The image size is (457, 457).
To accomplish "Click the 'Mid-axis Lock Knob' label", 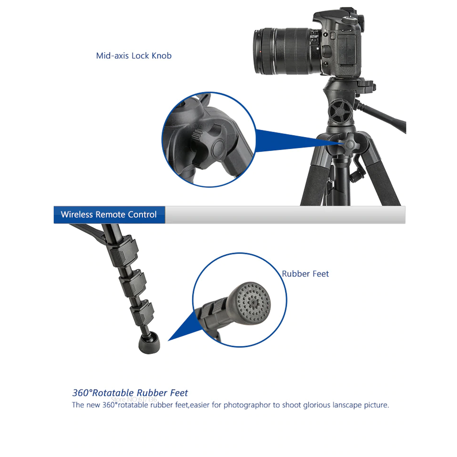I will [134, 56].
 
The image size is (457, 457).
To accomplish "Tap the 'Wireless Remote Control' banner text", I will [108, 215].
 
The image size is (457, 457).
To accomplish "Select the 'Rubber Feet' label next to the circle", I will [305, 274].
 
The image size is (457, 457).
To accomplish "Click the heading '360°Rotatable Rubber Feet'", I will [130, 393].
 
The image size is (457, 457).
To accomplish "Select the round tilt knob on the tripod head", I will [340, 111].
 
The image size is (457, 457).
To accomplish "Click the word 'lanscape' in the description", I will [341, 405].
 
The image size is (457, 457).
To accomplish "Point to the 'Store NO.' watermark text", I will [133, 399].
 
